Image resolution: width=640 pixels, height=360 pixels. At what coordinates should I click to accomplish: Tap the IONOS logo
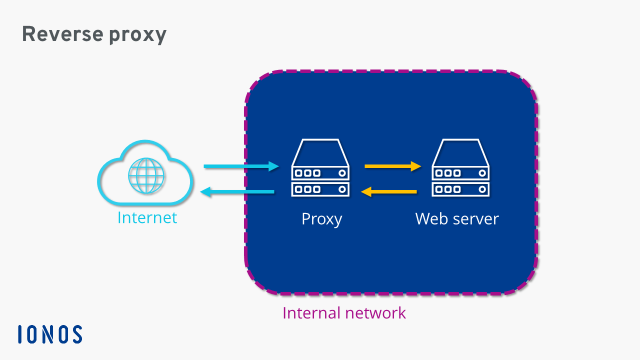50,334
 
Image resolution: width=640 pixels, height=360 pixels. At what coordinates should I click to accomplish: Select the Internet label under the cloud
147,218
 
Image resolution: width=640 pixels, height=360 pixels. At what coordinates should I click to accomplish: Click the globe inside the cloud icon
146,175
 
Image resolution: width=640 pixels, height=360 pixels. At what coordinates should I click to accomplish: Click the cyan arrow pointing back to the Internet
237,191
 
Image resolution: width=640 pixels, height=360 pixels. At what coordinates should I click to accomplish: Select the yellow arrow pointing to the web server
393,166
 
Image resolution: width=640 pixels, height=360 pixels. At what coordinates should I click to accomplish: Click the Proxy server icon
320,167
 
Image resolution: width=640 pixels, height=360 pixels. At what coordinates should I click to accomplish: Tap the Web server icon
460,167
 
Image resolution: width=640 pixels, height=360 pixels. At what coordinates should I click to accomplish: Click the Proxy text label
321,219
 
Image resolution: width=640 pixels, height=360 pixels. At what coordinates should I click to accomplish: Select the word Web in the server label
431,218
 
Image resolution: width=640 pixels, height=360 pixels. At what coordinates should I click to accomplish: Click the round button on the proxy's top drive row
342,173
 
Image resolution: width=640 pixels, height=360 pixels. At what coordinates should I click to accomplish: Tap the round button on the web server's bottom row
482,189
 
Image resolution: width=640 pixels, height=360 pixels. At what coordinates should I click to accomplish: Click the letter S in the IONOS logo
76,334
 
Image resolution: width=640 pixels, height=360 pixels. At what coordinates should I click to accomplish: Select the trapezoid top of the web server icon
460,152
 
